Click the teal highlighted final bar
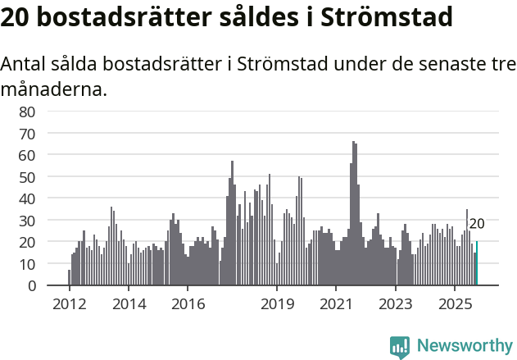[477, 264]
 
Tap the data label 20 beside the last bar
[476, 224]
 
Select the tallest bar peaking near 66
[353, 213]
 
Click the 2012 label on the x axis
[69, 304]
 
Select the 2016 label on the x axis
[188, 304]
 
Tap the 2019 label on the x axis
[277, 304]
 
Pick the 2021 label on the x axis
[336, 304]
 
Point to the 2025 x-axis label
[455, 304]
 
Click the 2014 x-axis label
[129, 304]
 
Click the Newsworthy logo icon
[400, 346]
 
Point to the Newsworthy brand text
[464, 346]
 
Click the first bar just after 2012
[69, 277]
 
